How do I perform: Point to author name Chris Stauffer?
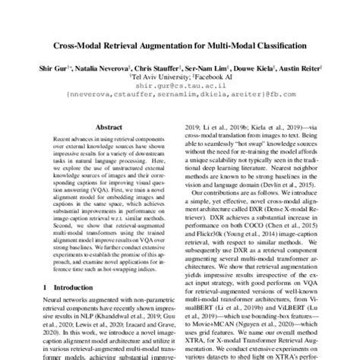coord(162,67)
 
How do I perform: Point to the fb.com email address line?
coord(180,96)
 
